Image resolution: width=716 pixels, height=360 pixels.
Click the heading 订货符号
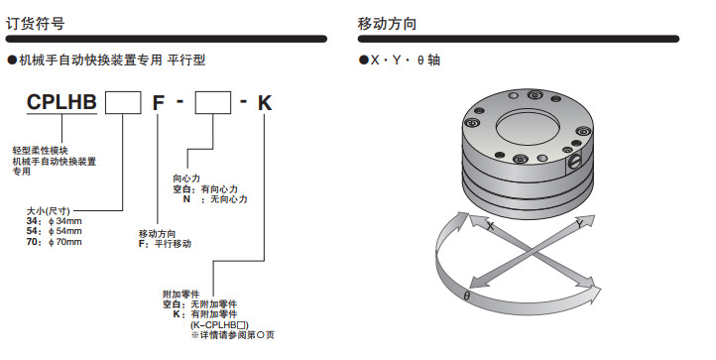point(35,23)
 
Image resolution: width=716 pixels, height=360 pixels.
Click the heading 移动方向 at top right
point(387,23)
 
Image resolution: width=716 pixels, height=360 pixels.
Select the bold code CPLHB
point(61,102)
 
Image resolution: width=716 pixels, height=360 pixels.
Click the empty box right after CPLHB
point(123,103)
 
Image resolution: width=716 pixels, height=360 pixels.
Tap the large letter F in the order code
point(158,103)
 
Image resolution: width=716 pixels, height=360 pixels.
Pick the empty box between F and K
point(213,103)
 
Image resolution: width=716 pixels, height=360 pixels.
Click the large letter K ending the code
point(265,103)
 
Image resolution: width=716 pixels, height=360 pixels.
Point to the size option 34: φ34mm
point(55,221)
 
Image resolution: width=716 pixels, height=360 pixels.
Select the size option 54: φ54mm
point(55,231)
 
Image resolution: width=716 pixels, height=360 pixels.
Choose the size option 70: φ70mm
point(55,242)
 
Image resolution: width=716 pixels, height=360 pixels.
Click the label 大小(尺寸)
point(49,210)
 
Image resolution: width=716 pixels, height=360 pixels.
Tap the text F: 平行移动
point(166,244)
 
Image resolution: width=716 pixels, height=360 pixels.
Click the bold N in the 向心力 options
point(186,199)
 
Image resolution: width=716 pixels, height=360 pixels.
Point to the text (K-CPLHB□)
point(219,325)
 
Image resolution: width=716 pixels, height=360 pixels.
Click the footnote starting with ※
point(232,335)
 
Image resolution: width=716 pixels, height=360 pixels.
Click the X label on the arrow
point(491,226)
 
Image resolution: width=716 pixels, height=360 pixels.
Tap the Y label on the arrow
point(579,224)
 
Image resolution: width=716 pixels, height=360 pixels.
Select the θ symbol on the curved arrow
point(467,297)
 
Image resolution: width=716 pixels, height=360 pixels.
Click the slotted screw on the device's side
point(574,163)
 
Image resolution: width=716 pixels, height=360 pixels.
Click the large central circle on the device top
point(527,127)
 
